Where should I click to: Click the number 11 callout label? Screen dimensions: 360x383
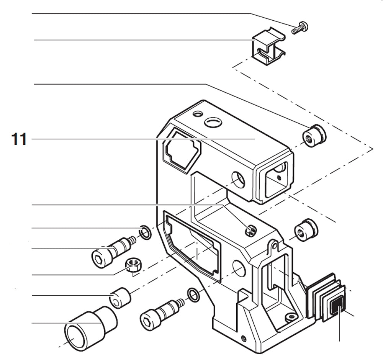[19, 139]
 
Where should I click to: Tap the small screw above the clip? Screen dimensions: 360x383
[300, 28]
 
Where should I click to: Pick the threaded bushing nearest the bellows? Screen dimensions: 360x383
[306, 231]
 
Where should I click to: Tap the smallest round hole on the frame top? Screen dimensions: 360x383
[198, 114]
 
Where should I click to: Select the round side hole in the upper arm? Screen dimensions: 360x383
[238, 179]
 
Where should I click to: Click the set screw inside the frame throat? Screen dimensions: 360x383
[251, 230]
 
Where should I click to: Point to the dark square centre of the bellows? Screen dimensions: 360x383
[336, 306]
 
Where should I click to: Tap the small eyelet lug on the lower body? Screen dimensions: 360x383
[273, 244]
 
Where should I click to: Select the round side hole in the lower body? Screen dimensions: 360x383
[239, 270]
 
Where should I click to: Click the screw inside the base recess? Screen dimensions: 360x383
[291, 317]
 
